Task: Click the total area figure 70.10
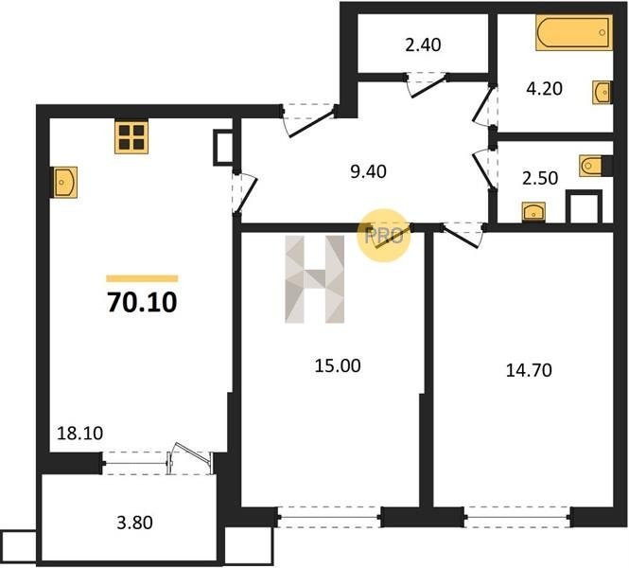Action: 142,302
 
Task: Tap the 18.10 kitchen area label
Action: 79,434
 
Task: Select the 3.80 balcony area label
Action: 134,523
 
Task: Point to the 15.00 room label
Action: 338,365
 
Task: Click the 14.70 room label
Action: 529,370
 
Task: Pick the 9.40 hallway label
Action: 368,171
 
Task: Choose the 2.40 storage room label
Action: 423,44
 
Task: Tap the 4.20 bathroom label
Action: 544,88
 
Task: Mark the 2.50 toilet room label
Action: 540,178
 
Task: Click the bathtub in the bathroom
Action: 574,32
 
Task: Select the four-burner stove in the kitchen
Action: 131,137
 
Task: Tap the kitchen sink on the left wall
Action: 65,183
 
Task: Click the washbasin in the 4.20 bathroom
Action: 602,93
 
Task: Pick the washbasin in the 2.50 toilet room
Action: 533,212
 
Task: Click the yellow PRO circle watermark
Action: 384,235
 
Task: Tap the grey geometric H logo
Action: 314,279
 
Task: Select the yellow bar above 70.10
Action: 142,278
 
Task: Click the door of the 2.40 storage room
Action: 427,84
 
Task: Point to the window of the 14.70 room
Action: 517,517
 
